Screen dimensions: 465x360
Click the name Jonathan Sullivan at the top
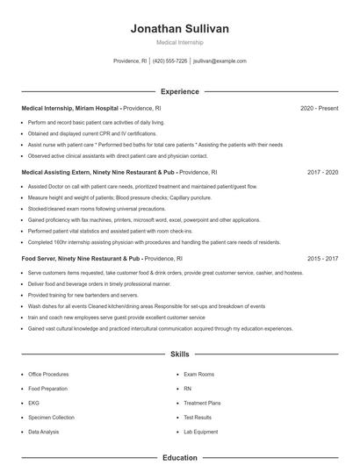[179, 29]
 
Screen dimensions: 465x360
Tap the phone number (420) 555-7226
[169, 61]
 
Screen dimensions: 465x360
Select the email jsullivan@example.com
[220, 61]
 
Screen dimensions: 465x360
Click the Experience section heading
[179, 91]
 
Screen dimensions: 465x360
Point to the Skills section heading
[179, 354]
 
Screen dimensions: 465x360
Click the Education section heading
[179, 457]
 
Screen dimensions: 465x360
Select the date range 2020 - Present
[319, 108]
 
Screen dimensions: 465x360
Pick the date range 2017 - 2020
[322, 173]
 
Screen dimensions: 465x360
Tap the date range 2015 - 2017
[322, 260]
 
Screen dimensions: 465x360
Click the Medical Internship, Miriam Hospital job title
[69, 108]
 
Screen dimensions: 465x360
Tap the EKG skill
[34, 403]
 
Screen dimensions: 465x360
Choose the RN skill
[187, 389]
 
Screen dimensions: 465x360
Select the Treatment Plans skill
[201, 403]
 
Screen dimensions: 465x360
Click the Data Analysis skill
[43, 432]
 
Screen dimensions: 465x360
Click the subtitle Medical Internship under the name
[179, 42]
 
